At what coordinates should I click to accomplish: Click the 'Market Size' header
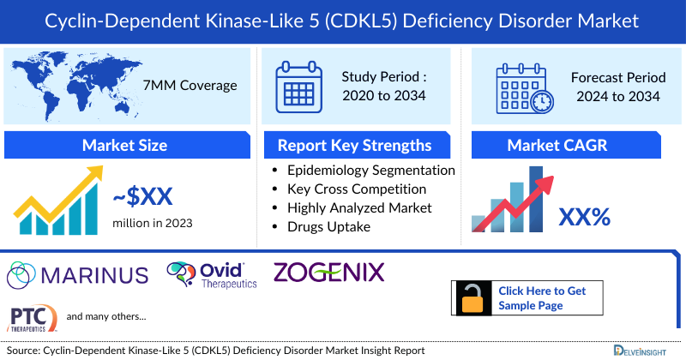[124, 145]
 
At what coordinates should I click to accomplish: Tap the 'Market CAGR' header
[557, 145]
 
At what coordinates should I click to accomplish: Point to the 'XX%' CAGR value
[584, 217]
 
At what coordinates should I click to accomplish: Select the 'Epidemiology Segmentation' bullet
[370, 171]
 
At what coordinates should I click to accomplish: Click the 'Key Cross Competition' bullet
[357, 189]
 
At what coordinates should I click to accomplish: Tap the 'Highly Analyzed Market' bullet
[359, 207]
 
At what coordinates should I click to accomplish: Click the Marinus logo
[77, 275]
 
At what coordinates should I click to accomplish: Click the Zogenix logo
[328, 273]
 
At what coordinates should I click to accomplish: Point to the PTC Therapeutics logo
[33, 318]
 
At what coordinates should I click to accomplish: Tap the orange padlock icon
[472, 297]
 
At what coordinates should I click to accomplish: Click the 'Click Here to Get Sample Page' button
[542, 298]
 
